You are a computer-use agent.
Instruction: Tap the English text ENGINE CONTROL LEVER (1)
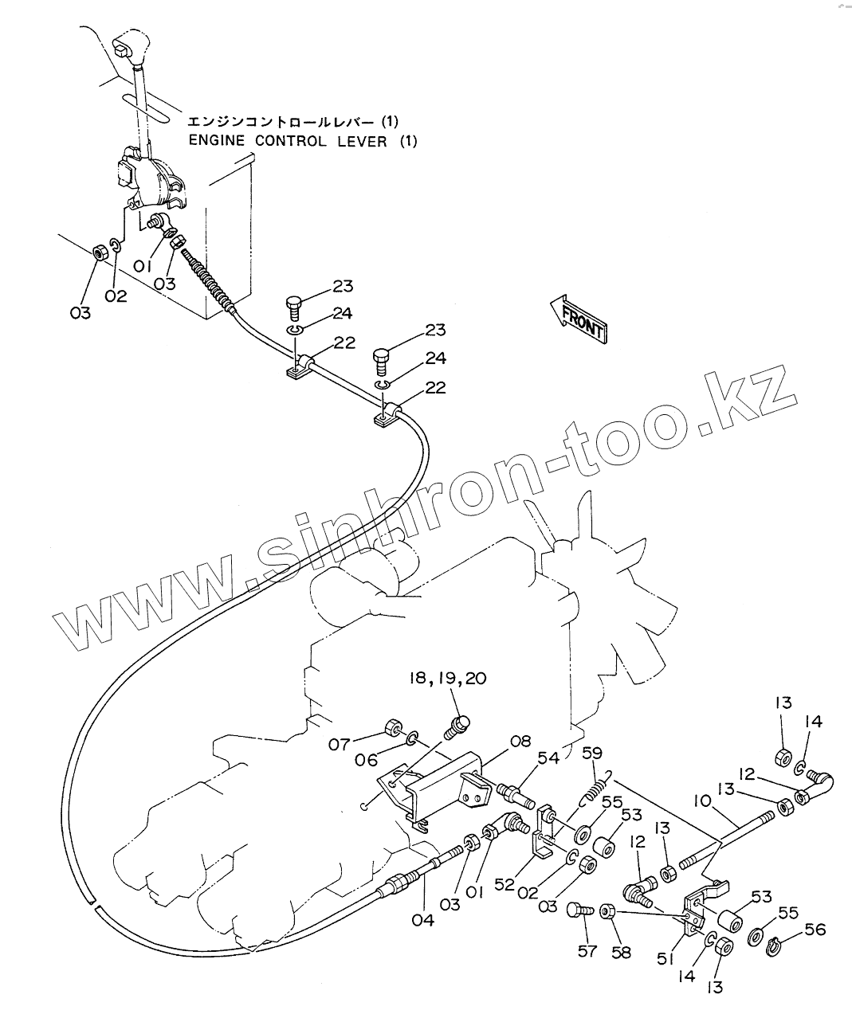coord(291,141)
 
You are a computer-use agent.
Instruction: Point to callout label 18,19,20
coord(447,678)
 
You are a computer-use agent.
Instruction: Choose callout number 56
coord(815,930)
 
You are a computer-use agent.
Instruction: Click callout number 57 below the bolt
coord(587,951)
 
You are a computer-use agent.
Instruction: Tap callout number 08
coord(520,742)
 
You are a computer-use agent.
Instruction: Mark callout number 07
coord(340,745)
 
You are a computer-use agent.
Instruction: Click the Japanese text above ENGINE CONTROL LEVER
coord(292,122)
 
